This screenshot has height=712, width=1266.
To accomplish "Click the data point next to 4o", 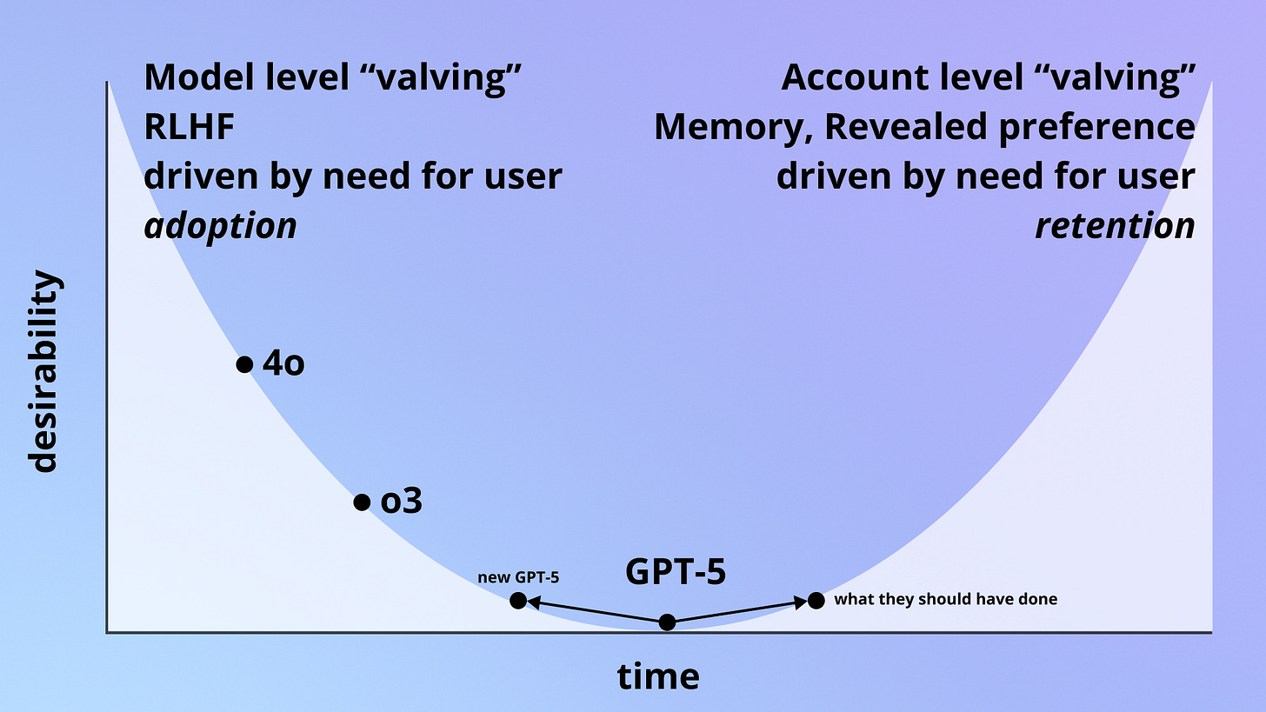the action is click(244, 364).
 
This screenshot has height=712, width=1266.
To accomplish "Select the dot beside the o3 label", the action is click(363, 502).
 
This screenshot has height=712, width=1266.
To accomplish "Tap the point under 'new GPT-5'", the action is click(517, 600).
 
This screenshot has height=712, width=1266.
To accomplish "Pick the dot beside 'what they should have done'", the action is click(816, 600).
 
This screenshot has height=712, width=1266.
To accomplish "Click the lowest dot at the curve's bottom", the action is click(667, 622).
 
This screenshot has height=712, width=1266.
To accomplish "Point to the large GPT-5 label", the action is click(676, 572).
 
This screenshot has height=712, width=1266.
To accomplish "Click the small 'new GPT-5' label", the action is click(518, 577).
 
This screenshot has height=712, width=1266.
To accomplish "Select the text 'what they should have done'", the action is click(946, 599).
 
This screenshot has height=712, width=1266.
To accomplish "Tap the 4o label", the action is click(283, 364).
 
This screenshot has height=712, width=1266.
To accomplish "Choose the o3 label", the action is click(402, 502).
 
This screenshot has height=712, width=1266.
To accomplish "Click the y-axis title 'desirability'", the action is click(44, 371).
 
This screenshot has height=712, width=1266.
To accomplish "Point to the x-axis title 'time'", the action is click(658, 675).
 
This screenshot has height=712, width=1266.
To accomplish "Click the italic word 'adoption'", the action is click(220, 226).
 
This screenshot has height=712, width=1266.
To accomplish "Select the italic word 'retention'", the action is click(1115, 226).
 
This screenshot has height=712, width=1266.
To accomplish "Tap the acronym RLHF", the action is click(190, 127).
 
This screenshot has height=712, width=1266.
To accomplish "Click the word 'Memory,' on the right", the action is click(733, 127).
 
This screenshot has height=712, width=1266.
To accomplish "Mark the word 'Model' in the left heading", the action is click(196, 77).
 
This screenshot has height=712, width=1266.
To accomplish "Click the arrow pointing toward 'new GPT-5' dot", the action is click(591, 611).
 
